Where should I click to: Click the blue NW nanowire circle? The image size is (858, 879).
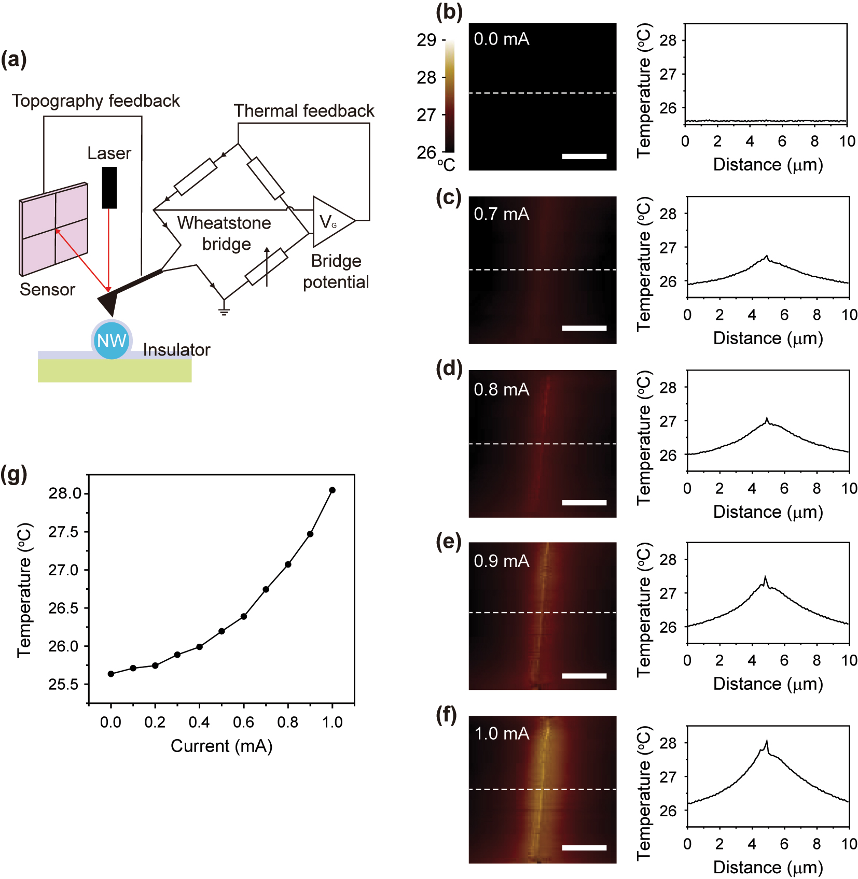(112, 341)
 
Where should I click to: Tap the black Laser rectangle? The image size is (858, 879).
(109, 187)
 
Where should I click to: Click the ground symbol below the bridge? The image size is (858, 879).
(224, 311)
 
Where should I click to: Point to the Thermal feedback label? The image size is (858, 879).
(304, 111)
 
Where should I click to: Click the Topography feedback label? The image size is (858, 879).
(96, 101)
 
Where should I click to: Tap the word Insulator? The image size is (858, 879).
(176, 350)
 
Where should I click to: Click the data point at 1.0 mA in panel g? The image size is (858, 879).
(332, 490)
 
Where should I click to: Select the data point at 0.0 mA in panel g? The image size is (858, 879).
(111, 674)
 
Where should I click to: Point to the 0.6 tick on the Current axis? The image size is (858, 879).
(243, 722)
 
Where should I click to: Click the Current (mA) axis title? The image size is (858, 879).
(222, 746)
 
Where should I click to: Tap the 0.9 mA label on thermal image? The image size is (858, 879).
(501, 561)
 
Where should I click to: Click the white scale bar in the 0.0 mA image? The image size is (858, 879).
(584, 156)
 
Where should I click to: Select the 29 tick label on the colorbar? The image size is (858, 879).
(426, 40)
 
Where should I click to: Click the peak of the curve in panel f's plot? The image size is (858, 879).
(767, 742)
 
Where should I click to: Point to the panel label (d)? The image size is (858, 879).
(449, 368)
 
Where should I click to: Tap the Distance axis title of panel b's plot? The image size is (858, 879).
(768, 165)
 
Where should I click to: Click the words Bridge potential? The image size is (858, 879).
(336, 272)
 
